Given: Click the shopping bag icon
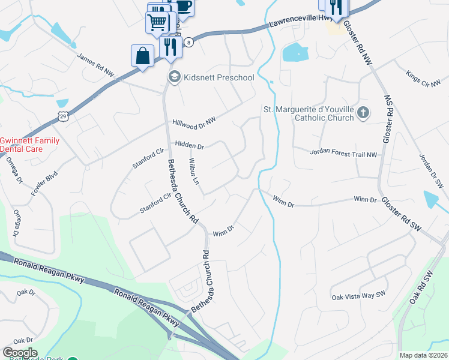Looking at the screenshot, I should pos(142,56).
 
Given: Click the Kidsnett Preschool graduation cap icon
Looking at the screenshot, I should pos(174,77).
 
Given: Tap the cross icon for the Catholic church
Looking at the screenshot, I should pos(363,113).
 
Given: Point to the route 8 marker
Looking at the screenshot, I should pos(189,42).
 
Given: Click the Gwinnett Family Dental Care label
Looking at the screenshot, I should pos(29,144).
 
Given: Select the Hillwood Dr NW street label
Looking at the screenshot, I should pos(193,115).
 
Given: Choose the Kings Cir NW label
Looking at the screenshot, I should pos(423,79).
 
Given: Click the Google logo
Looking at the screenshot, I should pos(20,353).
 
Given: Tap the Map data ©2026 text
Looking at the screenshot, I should pos(423,355).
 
